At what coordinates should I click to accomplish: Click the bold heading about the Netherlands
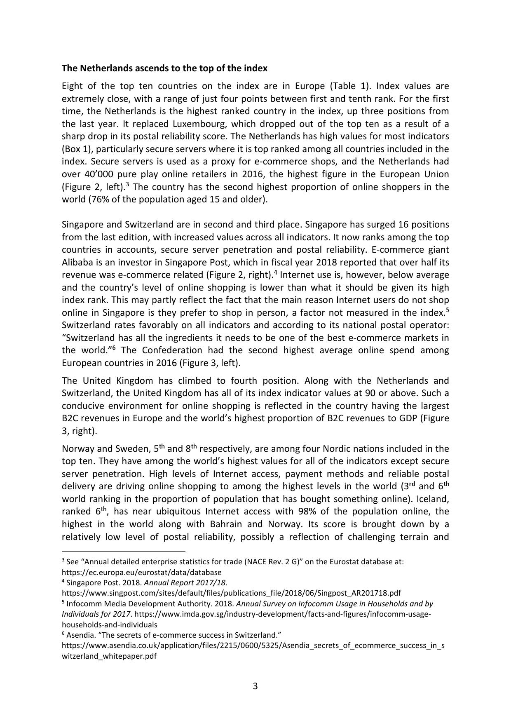pyautogui.click(x=164, y=68)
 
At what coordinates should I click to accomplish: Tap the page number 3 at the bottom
pyautogui.click(x=255, y=686)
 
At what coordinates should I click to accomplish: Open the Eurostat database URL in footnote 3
pyautogui.click(x=141, y=572)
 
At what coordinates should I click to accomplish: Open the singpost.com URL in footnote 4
pyautogui.click(x=231, y=593)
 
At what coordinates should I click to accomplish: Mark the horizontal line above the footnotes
pyautogui.click(x=124, y=551)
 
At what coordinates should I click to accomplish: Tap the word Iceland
pyautogui.click(x=432, y=499)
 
